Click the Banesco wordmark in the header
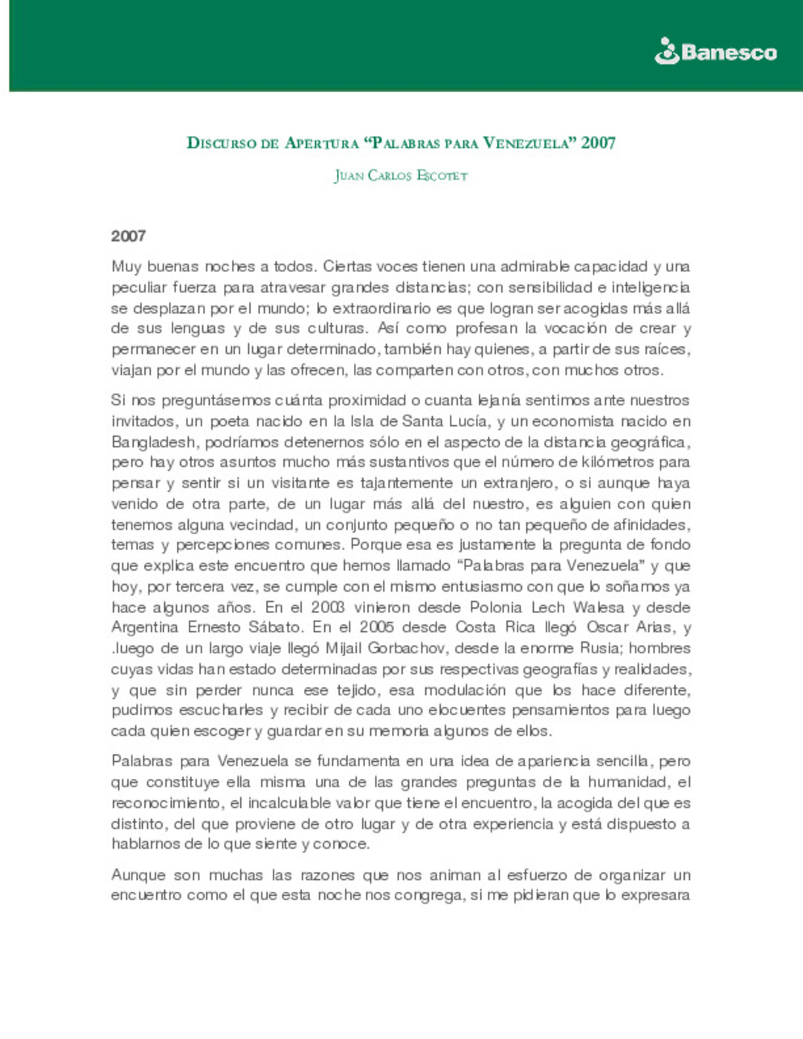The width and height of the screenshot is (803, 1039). (729, 53)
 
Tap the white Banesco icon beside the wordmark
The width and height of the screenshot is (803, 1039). (667, 51)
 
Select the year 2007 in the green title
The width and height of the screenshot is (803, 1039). (599, 143)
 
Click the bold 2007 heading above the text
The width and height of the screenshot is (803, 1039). (128, 236)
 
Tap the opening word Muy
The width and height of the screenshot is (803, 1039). (126, 267)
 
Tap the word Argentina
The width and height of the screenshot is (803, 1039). (144, 628)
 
